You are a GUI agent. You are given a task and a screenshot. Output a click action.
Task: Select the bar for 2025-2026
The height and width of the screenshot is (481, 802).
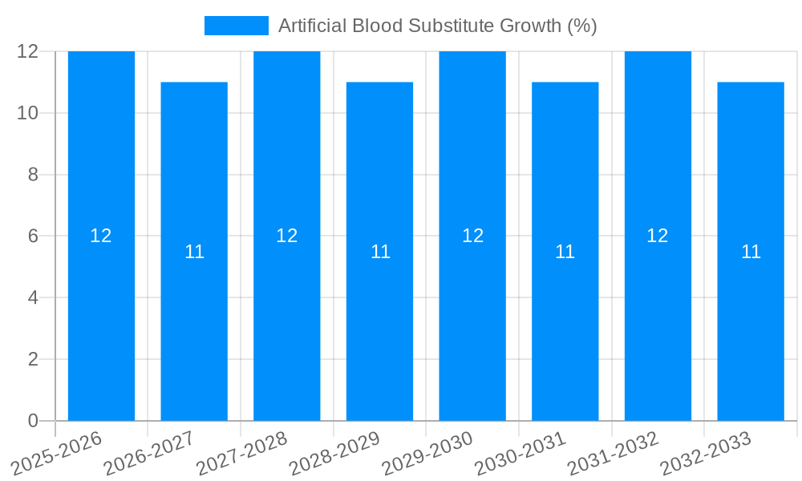point(101,321)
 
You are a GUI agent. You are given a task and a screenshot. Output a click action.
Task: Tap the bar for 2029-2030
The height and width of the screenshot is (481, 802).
point(472,321)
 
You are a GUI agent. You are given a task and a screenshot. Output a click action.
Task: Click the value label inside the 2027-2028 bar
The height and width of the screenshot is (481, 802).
point(287,236)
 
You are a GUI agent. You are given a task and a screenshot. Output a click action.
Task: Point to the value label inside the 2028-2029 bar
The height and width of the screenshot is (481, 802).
point(380,252)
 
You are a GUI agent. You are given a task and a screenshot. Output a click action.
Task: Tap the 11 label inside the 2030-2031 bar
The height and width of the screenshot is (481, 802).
point(565,252)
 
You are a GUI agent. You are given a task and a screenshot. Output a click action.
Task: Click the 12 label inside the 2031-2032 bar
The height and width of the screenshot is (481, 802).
point(658,236)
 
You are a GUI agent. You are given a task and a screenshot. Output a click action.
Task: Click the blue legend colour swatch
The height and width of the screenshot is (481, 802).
point(237,26)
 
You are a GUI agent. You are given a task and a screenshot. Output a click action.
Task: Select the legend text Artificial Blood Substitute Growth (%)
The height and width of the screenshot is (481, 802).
point(437,26)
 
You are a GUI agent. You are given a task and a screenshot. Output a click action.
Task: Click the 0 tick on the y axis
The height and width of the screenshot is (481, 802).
point(33,421)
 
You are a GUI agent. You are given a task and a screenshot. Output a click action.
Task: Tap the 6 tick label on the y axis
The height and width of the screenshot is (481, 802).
point(33,236)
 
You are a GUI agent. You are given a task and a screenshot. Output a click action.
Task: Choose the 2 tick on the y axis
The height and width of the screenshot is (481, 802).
point(33,359)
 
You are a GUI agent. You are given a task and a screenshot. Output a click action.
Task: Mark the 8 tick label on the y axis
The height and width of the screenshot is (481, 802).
point(33,175)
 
